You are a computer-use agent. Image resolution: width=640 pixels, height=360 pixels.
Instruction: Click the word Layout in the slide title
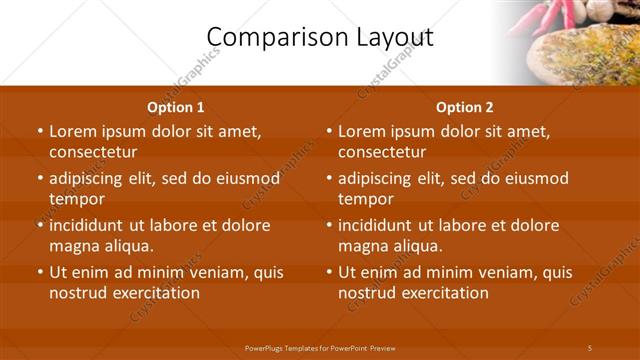tap(388, 38)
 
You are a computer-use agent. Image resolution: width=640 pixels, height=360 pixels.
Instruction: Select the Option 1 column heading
tap(176, 107)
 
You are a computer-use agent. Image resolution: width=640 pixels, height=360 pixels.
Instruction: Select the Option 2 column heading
tap(465, 107)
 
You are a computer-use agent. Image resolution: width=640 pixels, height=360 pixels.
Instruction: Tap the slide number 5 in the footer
tap(590, 347)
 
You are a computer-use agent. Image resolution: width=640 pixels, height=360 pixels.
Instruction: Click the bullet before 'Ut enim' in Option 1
tap(39, 272)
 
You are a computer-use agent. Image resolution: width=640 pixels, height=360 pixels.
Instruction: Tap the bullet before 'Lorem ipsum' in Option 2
tap(328, 131)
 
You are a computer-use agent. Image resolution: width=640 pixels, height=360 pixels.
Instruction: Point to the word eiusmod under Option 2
tap(535, 179)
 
